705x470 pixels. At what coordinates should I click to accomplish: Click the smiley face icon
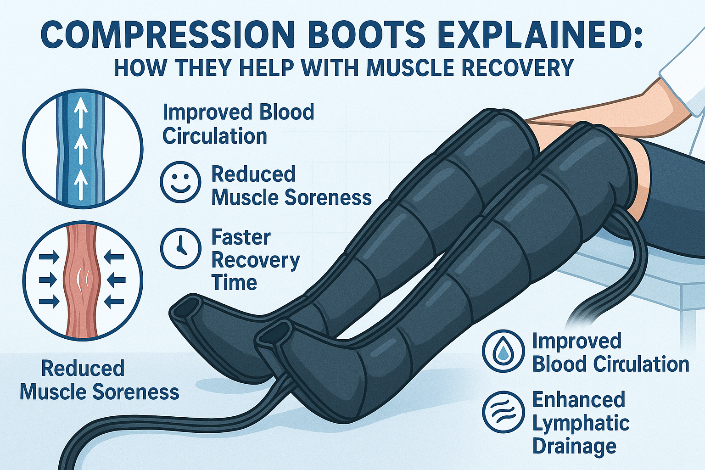[x=180, y=182]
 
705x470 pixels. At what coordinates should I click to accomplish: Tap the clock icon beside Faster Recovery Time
[x=180, y=248]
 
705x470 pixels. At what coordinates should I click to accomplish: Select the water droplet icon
[x=504, y=351]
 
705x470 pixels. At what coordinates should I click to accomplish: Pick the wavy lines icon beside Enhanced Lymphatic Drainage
[x=504, y=412]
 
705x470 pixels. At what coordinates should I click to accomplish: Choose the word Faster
[x=241, y=238]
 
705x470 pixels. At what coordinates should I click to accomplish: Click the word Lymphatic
[x=581, y=423]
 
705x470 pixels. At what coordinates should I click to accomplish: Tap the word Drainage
[x=574, y=446]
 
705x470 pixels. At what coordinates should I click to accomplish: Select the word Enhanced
[x=579, y=400]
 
